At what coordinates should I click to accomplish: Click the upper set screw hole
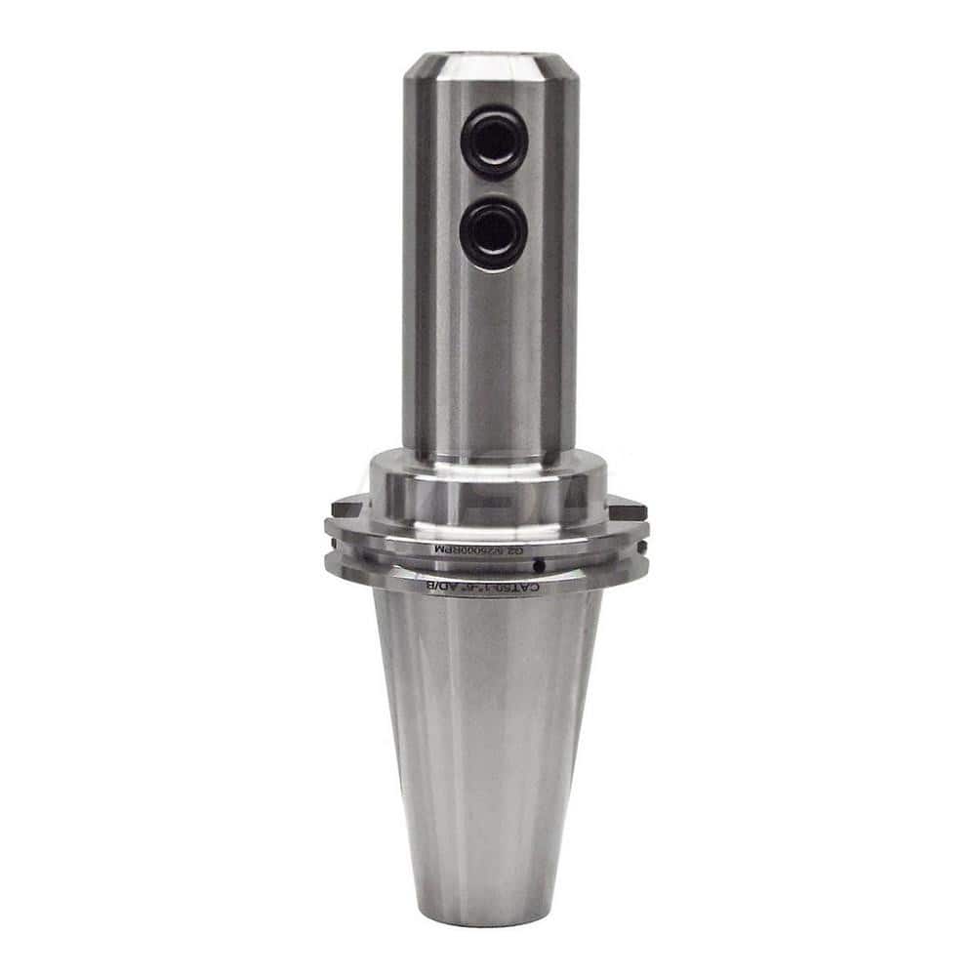click(494, 142)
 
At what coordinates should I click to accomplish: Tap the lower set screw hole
click(494, 234)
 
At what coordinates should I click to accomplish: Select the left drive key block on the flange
click(348, 508)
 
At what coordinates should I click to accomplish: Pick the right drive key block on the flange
click(628, 508)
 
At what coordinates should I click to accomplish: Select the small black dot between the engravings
click(537, 565)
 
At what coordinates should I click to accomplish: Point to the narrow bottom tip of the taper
click(487, 913)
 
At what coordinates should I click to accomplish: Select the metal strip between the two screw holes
click(494, 188)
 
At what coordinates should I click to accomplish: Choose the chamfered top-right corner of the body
click(562, 68)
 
